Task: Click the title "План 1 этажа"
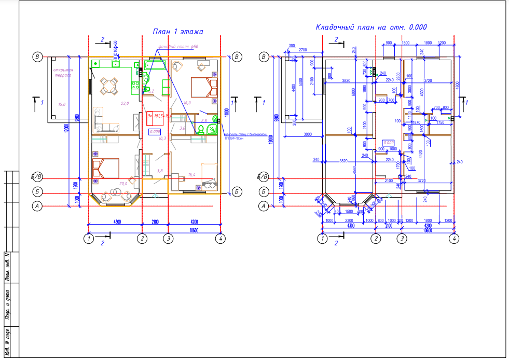click(x=177, y=32)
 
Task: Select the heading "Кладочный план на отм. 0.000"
click(x=371, y=27)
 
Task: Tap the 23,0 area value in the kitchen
click(x=125, y=103)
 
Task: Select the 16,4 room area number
click(x=192, y=175)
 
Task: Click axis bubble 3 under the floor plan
click(x=168, y=239)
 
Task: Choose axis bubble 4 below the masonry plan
click(x=455, y=239)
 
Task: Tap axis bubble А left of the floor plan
click(x=37, y=206)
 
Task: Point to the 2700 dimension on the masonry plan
click(x=303, y=50)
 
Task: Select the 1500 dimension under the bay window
click(x=349, y=212)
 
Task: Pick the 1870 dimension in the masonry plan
click(x=416, y=122)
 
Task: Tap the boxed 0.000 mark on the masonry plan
click(x=388, y=142)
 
